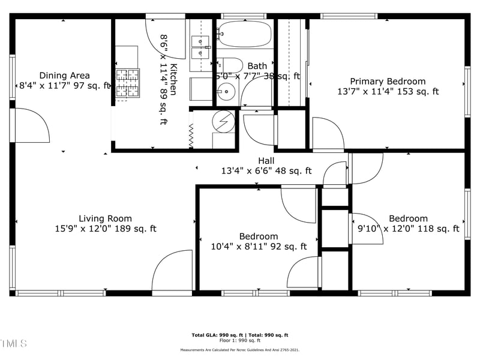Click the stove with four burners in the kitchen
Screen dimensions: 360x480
click(127, 83)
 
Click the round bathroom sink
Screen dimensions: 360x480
click(227, 94)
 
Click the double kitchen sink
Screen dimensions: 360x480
click(200, 42)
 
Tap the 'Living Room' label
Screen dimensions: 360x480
click(105, 218)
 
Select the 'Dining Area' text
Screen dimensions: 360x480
click(64, 76)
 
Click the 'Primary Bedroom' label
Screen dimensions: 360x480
click(388, 82)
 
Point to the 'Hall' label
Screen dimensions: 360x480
click(266, 161)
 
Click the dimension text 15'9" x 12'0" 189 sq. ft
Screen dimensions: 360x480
click(105, 229)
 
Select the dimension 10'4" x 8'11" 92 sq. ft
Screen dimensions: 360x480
click(259, 246)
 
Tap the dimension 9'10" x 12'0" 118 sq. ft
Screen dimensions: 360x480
click(408, 229)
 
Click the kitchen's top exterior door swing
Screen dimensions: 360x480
click(166, 35)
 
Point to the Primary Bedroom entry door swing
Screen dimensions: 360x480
click(326, 135)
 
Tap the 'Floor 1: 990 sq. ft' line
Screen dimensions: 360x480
click(239, 340)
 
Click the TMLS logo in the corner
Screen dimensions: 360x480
click(13, 344)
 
